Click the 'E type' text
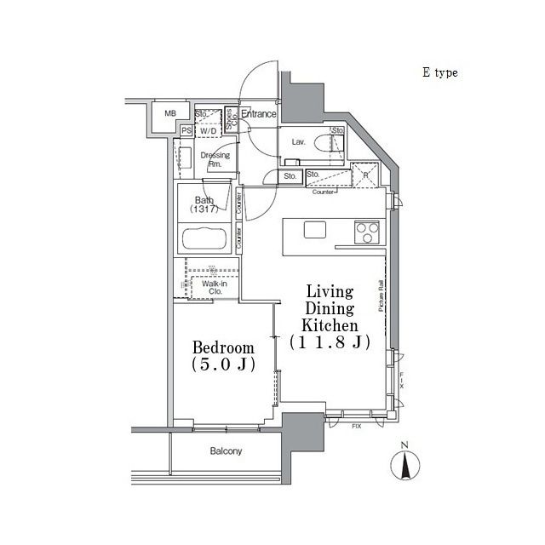439,73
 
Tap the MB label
170,113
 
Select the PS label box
186,130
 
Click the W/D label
209,130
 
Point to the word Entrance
258,113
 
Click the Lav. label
298,142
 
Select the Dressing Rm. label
215,159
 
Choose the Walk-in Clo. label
214,287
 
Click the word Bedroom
223,347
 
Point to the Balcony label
227,451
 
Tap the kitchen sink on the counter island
314,229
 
